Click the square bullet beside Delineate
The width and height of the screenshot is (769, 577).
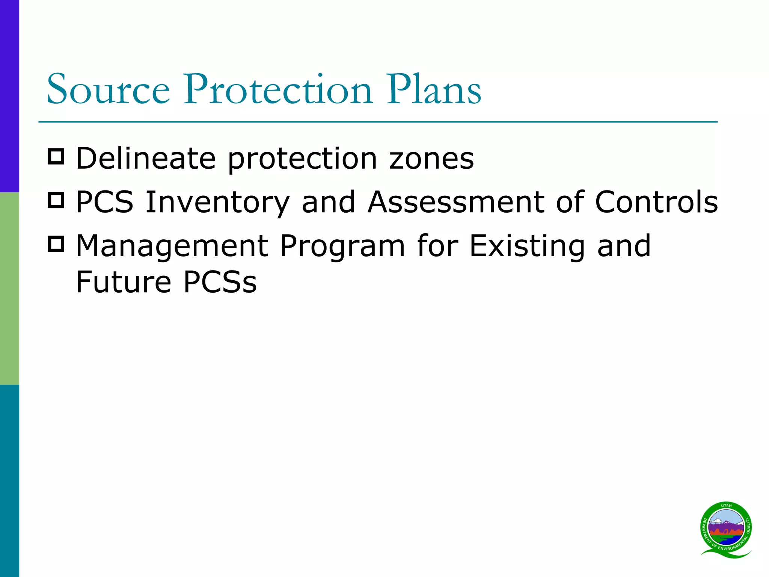56,156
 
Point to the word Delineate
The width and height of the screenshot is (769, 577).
146,159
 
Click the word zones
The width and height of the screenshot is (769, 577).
431,159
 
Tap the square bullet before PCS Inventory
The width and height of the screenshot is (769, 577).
56,200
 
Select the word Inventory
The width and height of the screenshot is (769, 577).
217,202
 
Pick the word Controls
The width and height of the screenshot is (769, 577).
656,202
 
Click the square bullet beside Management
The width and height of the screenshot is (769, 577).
56,244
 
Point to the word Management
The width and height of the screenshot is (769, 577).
172,246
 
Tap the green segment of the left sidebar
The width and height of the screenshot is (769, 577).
9,288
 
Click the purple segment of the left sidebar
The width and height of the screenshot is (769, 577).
9,96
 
